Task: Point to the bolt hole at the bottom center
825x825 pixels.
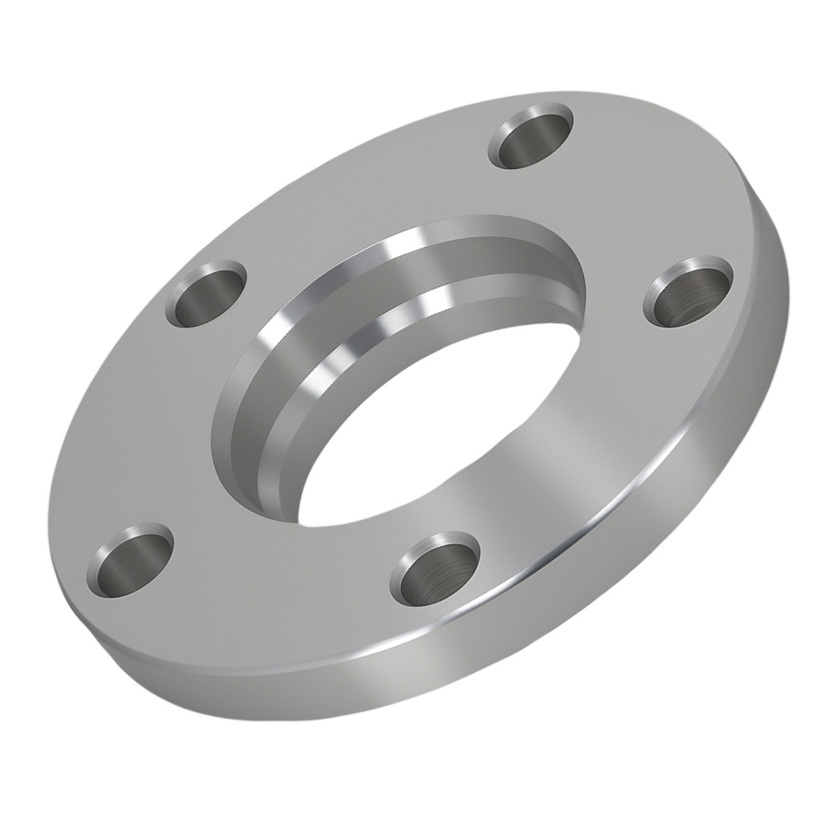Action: [x=434, y=568]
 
